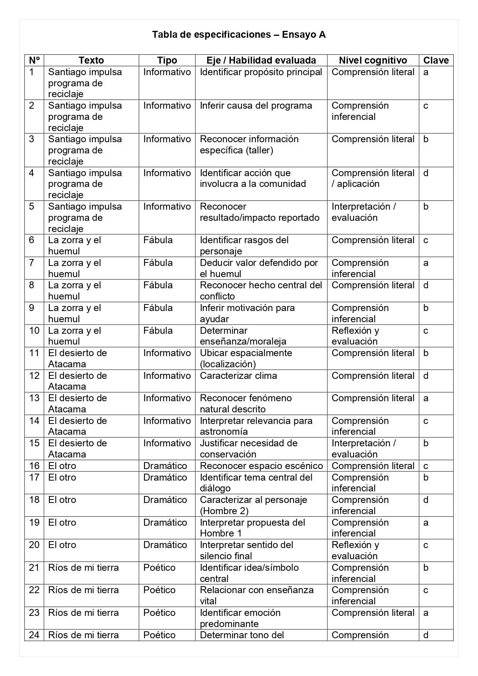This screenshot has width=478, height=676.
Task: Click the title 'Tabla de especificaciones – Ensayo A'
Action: pos(239,35)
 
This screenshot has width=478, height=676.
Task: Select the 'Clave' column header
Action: pos(436,61)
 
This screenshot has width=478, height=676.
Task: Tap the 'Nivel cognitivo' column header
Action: pos(373,61)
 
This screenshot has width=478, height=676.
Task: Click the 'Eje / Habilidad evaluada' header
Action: pos(261,61)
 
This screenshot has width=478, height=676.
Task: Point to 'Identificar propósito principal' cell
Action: pos(261,72)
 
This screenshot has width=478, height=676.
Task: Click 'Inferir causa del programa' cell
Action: pos(256,106)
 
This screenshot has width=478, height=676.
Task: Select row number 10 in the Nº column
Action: pos(34,331)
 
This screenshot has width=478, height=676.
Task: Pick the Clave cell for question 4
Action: pos(426,173)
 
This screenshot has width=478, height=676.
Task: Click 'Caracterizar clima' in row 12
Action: pos(238,376)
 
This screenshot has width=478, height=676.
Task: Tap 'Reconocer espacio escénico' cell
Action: pos(261,466)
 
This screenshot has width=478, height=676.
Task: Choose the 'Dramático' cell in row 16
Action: pos(165,466)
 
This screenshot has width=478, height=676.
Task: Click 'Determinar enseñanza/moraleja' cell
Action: pos(243,336)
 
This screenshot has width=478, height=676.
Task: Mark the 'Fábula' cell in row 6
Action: pos(158,240)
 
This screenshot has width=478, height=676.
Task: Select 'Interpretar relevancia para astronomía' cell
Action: pos(256,426)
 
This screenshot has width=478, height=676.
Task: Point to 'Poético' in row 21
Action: pos(159,567)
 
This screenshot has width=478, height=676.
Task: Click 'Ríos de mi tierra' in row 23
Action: pos(83,612)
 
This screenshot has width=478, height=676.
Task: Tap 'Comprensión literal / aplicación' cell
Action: pos(372,178)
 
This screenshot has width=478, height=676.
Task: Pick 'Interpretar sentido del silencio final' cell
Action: pos(246,550)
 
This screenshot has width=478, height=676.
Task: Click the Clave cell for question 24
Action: pos(426,635)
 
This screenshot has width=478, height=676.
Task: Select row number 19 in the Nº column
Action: pos(34,523)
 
